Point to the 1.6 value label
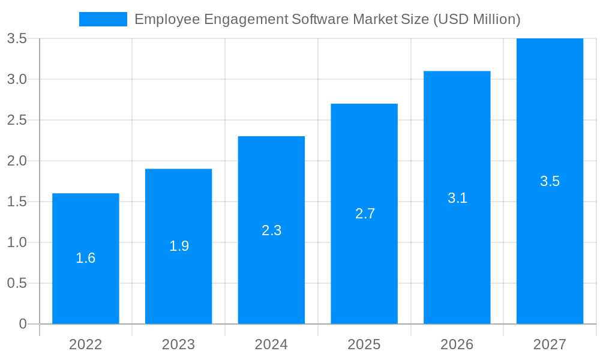[86, 258]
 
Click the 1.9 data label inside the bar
[179, 246]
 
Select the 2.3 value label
[271, 230]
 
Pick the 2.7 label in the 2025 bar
[364, 214]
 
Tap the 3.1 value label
[457, 197]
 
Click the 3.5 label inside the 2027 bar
[550, 181]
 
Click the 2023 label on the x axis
[179, 344]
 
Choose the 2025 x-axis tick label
[364, 344]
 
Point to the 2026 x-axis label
[457, 344]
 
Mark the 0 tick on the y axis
[23, 324]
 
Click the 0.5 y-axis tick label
[17, 283]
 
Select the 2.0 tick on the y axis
[17, 161]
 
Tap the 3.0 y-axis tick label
[17, 79]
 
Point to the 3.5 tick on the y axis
[17, 38]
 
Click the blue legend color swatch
[103, 19]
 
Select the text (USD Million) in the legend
[476, 19]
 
